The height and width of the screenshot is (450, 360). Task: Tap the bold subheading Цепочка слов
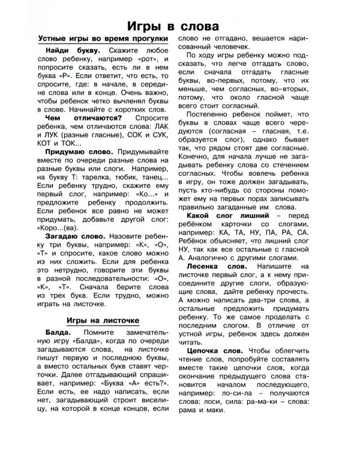click(218, 350)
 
